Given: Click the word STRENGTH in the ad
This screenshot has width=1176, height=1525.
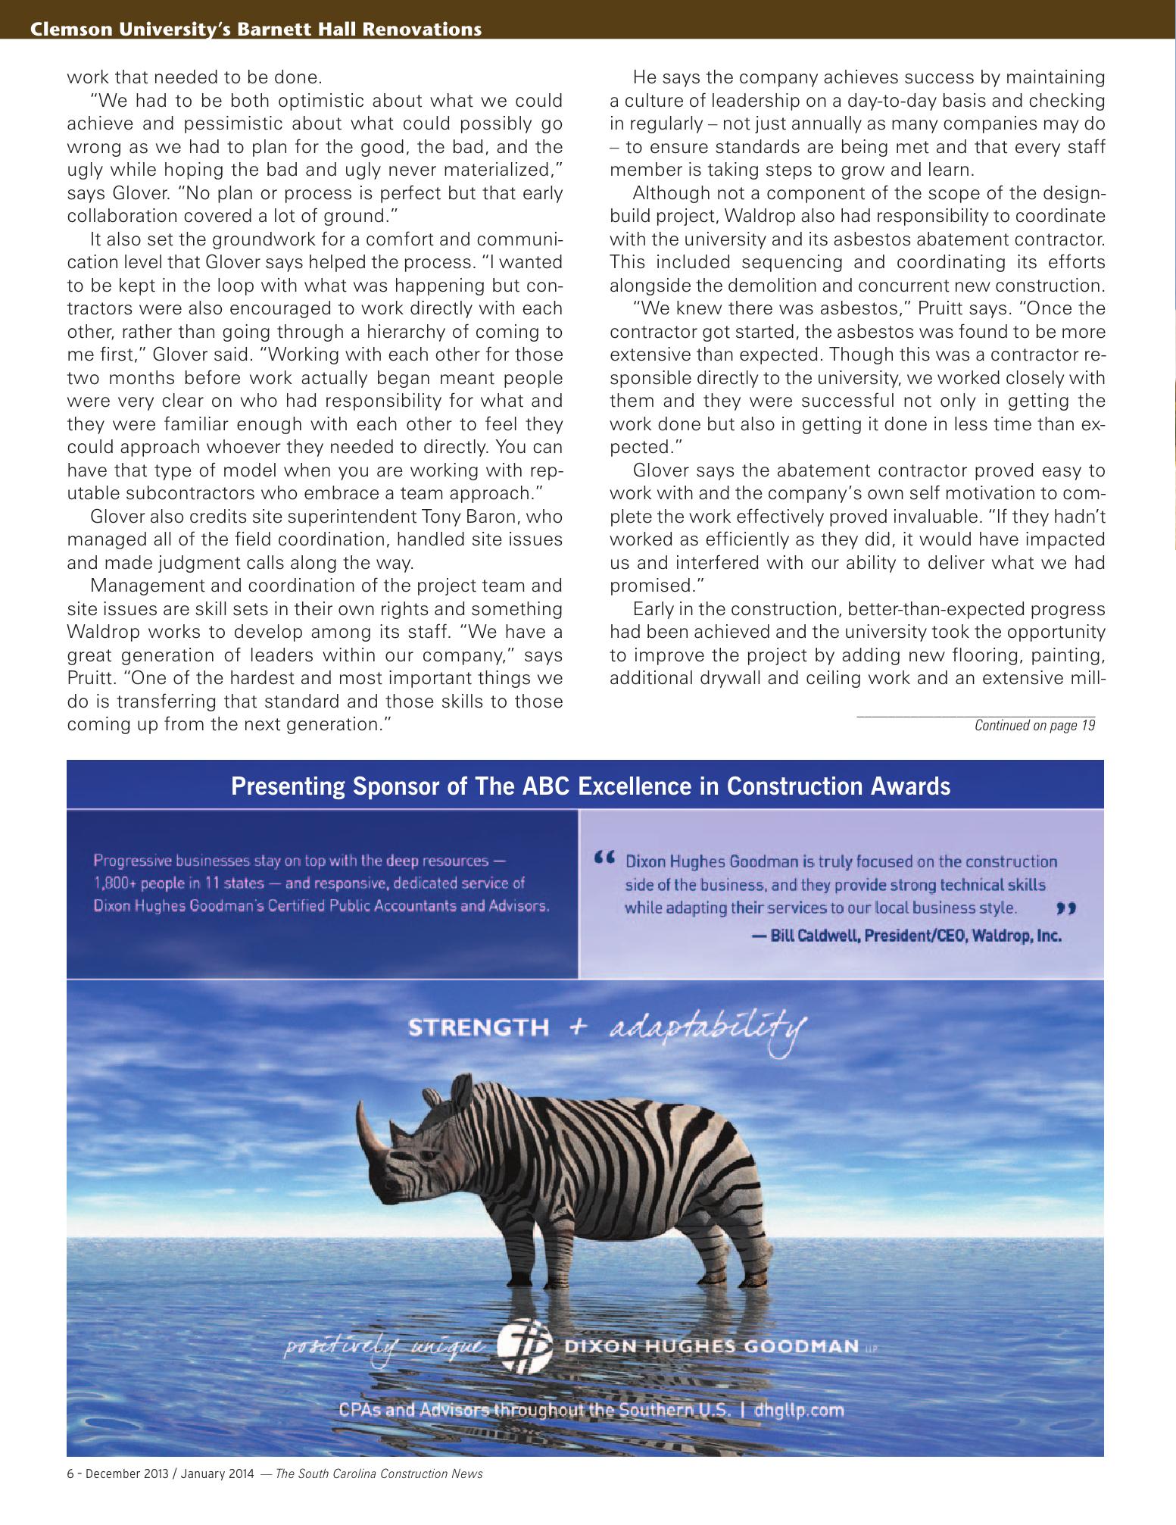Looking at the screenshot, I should point(479,1028).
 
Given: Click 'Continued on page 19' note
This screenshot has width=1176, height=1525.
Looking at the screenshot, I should point(1034,726).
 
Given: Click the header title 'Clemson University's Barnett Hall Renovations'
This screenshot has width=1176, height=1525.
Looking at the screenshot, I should point(256,30).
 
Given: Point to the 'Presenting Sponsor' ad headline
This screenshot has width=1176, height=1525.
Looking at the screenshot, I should point(590,786).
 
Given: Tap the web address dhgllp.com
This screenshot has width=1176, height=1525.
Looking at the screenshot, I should point(798,1411).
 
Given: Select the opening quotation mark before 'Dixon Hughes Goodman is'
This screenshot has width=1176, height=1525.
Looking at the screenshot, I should point(603,858).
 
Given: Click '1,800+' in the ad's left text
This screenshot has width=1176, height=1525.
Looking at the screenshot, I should point(114,883).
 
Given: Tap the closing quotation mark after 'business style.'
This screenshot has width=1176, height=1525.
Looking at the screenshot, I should point(1065,907).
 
